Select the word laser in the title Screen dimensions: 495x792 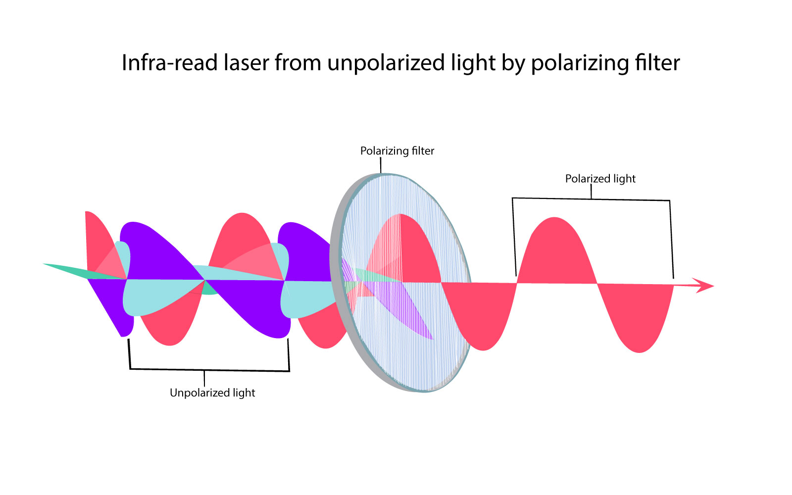tap(247, 63)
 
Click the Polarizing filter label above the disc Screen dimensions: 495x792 tap(397, 151)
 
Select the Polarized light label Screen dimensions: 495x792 tap(600, 179)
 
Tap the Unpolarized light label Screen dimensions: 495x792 tap(212, 393)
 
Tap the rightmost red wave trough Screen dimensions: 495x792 tap(639, 322)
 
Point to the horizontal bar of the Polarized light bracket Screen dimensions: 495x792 tap(591, 199)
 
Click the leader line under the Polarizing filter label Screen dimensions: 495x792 tap(381, 165)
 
